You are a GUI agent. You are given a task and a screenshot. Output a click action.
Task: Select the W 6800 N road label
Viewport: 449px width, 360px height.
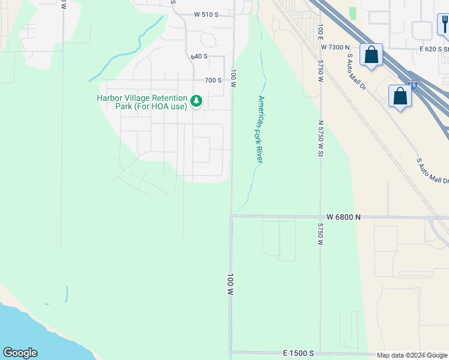[x=344, y=217]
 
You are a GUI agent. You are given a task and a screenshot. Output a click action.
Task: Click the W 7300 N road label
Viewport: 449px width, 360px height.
[x=335, y=47]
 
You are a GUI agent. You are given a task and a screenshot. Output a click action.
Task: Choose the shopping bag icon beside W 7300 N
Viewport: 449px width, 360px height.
[x=372, y=55]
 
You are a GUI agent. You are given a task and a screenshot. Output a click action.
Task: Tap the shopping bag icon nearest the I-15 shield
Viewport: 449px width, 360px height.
[x=400, y=97]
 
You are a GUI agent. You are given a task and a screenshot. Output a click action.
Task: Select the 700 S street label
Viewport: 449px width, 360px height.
[x=213, y=80]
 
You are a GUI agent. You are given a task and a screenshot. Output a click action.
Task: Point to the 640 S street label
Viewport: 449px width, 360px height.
[x=199, y=56]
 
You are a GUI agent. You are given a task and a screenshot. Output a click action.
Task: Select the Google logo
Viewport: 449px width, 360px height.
[x=20, y=353]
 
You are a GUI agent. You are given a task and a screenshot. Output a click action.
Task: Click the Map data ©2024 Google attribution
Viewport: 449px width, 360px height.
[x=412, y=355]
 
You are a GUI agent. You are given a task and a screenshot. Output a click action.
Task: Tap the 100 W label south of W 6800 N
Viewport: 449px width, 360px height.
[x=230, y=284]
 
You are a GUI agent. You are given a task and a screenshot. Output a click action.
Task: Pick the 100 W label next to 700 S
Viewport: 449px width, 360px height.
[x=233, y=78]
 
